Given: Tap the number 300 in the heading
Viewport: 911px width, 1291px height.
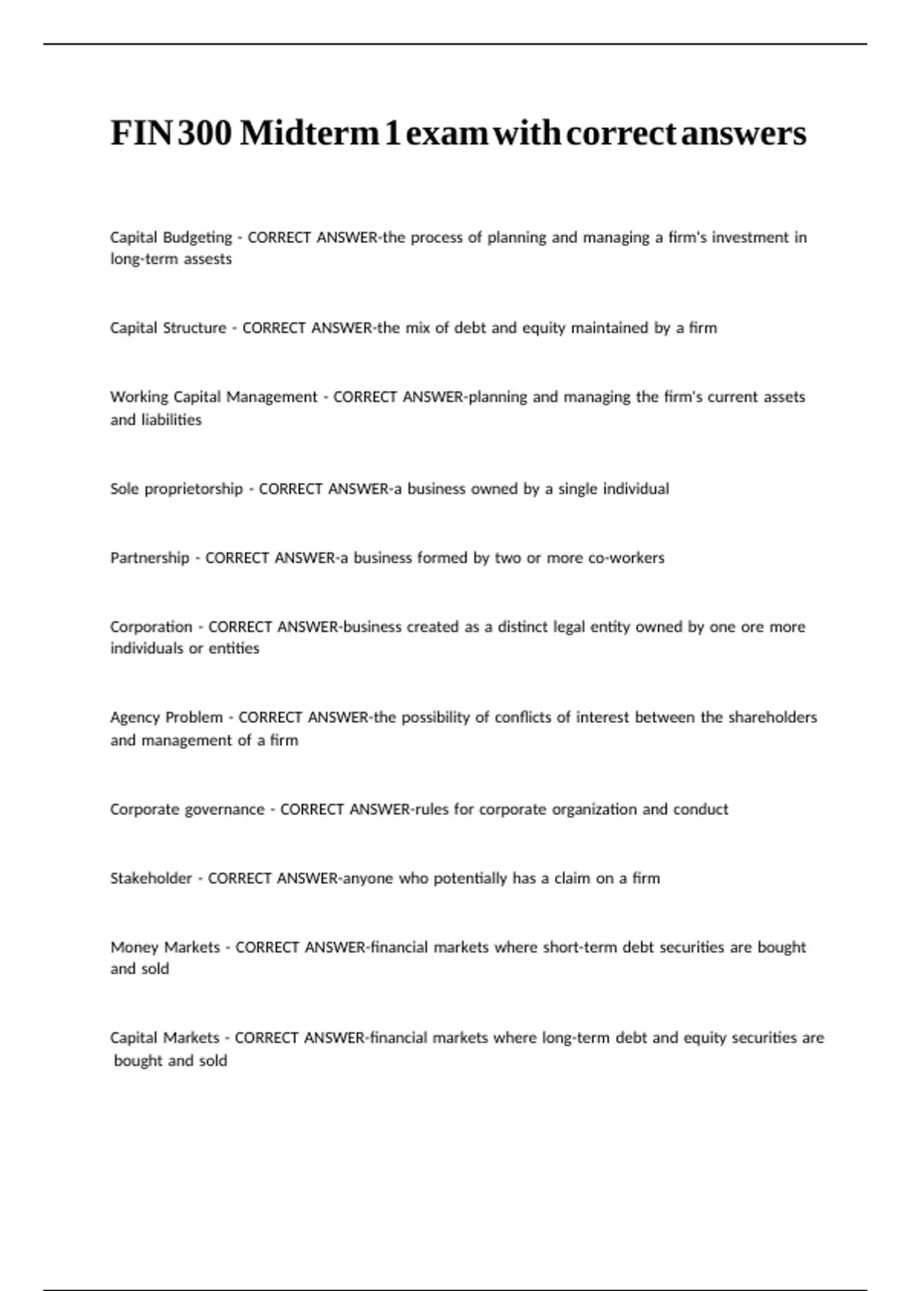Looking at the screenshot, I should point(206,134).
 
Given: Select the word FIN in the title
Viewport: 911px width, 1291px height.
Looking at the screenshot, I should point(142,134).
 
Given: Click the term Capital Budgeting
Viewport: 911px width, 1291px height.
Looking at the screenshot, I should point(171,238).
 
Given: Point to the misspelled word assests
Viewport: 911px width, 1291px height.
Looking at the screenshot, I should point(208,259).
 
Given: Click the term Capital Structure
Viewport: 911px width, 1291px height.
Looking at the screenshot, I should point(168,328).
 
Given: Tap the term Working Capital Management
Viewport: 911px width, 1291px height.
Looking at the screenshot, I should point(213,397).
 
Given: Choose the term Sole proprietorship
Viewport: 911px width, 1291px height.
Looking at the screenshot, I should point(176,489).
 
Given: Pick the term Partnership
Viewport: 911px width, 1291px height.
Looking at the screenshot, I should point(150,558).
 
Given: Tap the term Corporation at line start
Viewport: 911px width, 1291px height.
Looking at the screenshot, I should point(151,627).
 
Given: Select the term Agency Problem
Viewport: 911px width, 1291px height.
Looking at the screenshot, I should point(166,718).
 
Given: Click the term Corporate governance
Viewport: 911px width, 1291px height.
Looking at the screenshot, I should point(187,810).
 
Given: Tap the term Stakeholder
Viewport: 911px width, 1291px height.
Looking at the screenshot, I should point(151,879).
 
